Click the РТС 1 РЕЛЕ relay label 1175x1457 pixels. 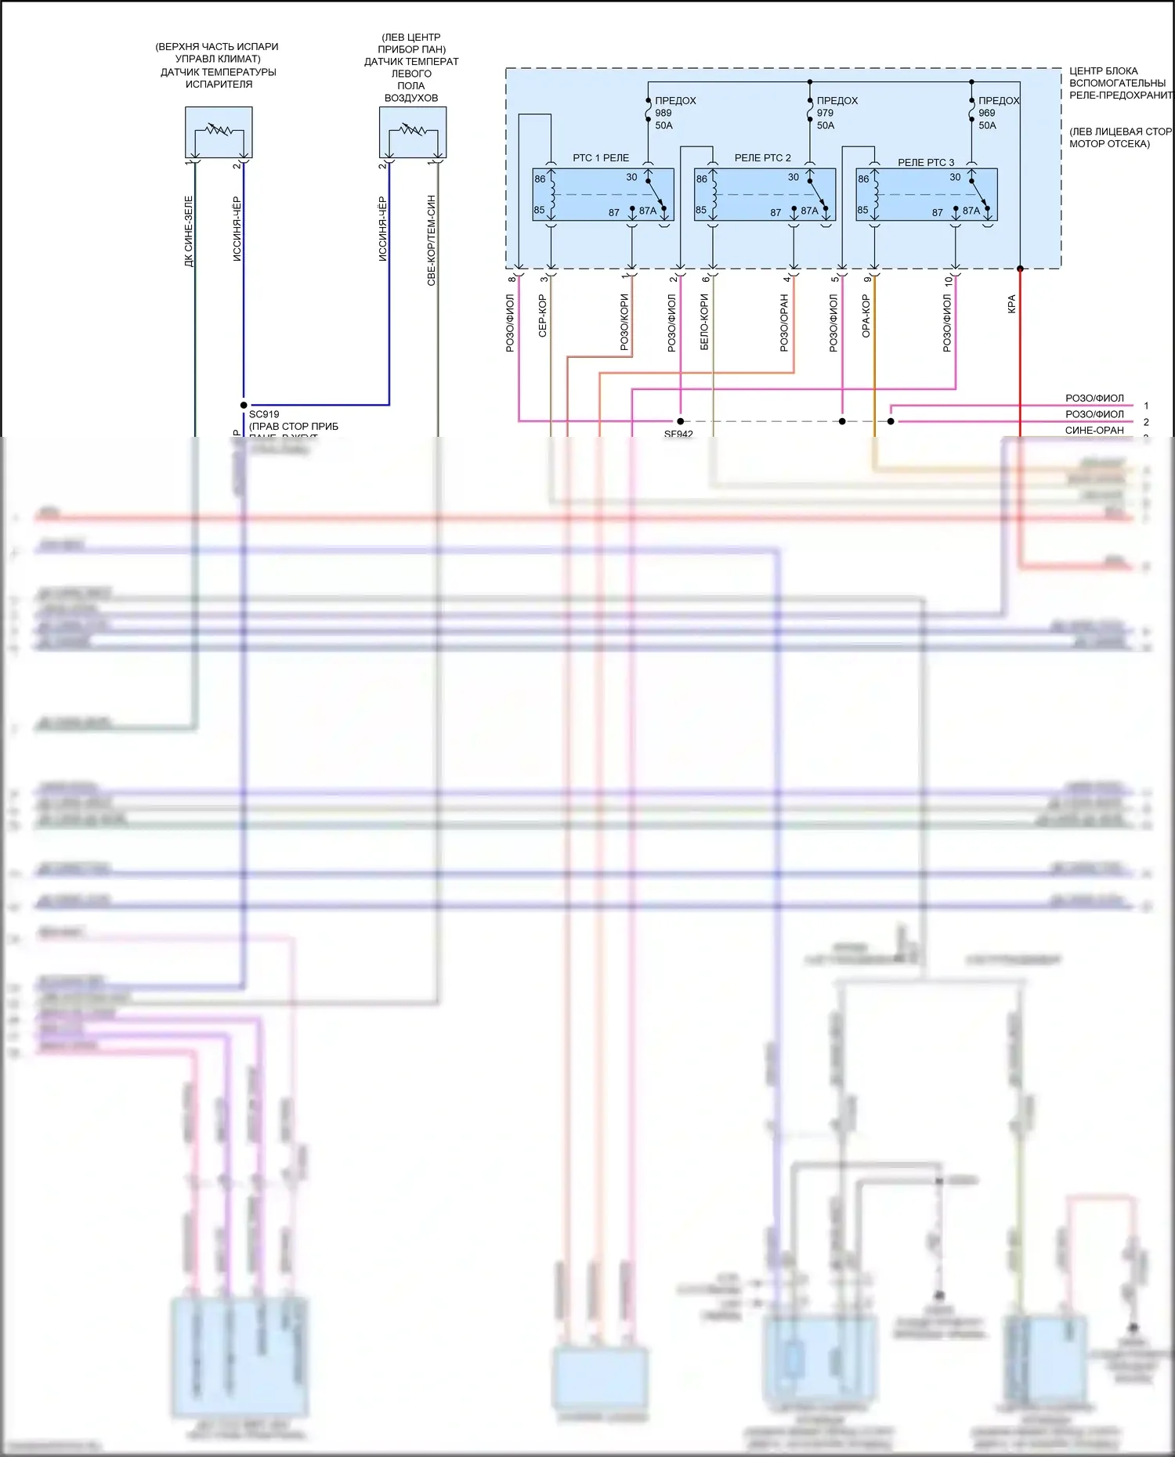point(600,158)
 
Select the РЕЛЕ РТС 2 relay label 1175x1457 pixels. point(762,158)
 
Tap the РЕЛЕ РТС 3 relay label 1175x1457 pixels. point(925,163)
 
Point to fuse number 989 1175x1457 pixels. point(663,113)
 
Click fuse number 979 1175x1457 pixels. point(825,113)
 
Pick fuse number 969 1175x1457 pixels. point(986,113)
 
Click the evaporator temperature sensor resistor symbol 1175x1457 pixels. point(219,132)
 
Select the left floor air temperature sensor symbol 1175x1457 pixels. point(413,132)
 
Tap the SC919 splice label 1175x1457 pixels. point(264,414)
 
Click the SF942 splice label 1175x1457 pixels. point(678,434)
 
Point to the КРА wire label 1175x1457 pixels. point(1011,304)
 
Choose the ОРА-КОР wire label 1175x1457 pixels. point(866,316)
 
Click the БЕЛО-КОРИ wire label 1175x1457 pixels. point(703,321)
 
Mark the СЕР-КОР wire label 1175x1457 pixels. point(542,316)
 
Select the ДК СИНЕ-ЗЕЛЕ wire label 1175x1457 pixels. point(188,231)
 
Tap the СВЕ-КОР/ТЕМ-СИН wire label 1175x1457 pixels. point(431,240)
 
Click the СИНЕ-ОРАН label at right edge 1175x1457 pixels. point(1094,430)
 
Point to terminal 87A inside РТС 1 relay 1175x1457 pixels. point(647,211)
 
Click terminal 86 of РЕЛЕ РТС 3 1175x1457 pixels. point(862,179)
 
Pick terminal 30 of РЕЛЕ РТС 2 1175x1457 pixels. point(793,178)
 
